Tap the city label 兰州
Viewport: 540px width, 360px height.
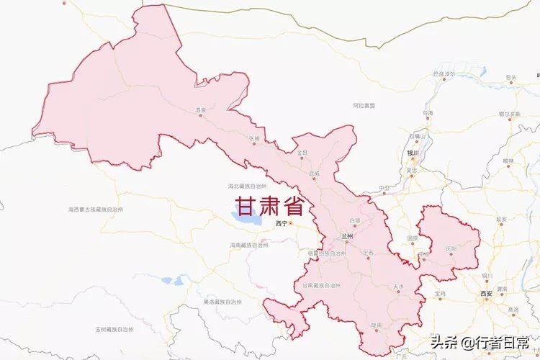point(348,235)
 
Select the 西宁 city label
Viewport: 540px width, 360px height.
point(280,224)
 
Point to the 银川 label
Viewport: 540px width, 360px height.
point(413,153)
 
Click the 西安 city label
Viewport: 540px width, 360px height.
point(487,294)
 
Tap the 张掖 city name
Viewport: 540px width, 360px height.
point(253,138)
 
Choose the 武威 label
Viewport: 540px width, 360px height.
point(314,174)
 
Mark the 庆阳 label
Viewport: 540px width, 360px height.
point(451,248)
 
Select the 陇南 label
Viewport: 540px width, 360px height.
point(376,325)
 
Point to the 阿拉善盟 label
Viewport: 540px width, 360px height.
point(364,105)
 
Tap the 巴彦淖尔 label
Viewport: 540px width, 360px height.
point(444,74)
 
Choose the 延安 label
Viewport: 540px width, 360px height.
point(502,218)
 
